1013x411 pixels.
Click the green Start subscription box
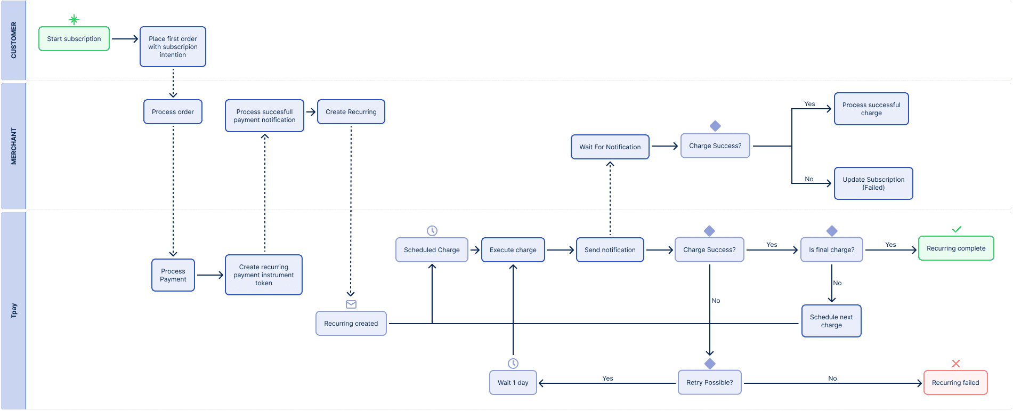74,39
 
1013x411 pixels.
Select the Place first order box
173,47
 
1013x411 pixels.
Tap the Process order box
173,112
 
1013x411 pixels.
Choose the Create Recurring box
351,112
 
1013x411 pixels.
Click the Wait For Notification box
610,147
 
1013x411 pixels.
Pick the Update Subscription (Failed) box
873,183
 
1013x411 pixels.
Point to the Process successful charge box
871,109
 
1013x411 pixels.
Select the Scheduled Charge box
432,250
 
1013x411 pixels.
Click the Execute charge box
513,250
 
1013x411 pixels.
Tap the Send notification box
610,250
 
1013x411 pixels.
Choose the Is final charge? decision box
832,250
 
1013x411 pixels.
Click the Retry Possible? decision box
710,383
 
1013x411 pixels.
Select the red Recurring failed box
955,383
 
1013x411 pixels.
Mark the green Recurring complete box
956,248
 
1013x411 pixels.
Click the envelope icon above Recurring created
351,304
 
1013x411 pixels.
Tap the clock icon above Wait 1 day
513,364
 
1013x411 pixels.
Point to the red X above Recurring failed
956,364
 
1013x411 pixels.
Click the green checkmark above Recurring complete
957,229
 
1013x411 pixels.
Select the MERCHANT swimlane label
14,146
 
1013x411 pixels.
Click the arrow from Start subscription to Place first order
125,39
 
